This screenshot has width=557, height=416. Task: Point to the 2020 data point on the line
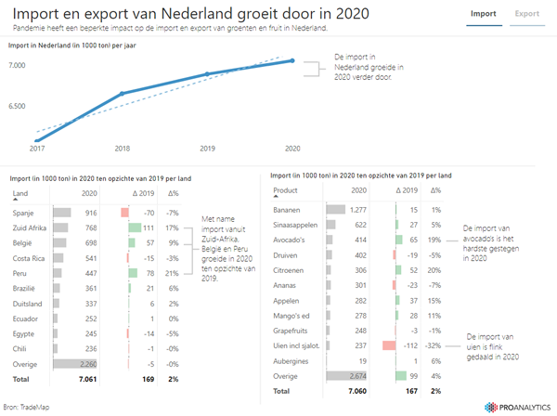pos(292,60)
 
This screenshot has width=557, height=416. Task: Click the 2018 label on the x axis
pos(122,149)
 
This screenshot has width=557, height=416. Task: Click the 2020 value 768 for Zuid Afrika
pos(91,227)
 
